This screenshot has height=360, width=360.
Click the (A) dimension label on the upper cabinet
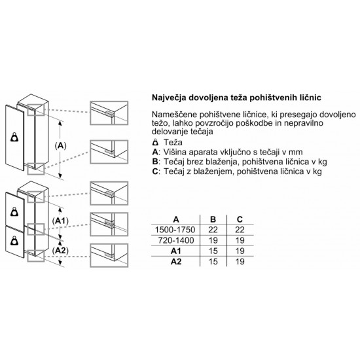(61, 145)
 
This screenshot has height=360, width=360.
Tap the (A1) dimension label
(60, 221)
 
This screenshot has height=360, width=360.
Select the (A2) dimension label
(60, 251)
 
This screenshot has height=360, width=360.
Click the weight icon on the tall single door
(14, 137)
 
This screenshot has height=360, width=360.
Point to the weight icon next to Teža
(155, 142)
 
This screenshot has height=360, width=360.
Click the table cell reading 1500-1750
(175, 230)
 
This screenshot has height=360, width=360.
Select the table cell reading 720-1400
(176, 240)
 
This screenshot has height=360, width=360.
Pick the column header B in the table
(213, 219)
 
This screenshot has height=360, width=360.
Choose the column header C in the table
(240, 219)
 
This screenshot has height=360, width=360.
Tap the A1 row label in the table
(176, 251)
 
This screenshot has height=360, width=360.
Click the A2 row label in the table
(176, 262)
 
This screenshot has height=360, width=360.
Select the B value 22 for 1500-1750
(213, 230)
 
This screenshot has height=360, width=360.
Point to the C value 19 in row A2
(240, 262)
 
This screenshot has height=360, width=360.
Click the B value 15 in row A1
(213, 251)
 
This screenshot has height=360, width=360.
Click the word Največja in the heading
(169, 98)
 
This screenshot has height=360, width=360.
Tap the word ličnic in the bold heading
(311, 98)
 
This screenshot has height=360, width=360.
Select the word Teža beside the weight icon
(173, 142)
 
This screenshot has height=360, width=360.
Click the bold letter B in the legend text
(155, 162)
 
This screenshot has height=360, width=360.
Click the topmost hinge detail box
(109, 113)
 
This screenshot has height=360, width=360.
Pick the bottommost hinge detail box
(109, 255)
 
